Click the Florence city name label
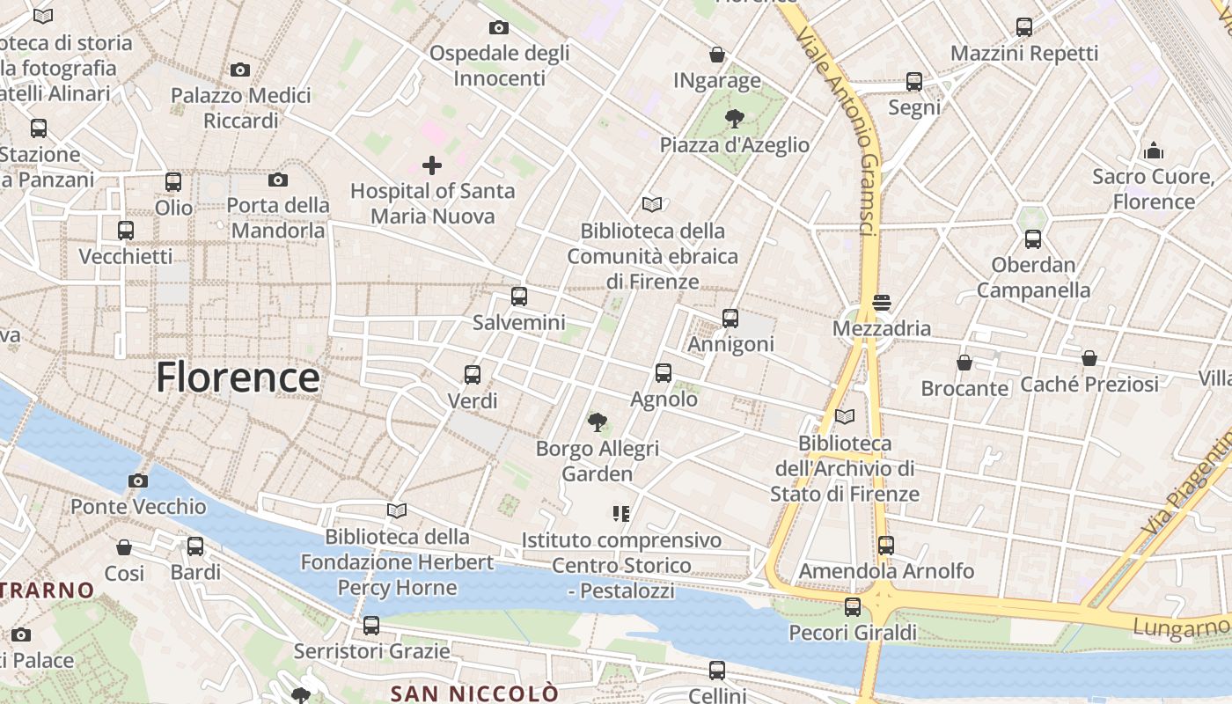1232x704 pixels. coord(238,378)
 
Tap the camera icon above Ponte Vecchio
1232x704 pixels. coord(138,480)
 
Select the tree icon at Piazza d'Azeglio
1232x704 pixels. coord(734,118)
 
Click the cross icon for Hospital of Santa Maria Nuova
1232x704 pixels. coord(432,165)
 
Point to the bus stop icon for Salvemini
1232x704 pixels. coord(519,297)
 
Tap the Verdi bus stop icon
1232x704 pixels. coord(473,375)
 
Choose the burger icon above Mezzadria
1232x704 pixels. coord(882,303)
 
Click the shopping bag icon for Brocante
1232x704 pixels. coord(964,363)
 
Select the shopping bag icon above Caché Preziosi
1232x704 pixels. coord(1089,358)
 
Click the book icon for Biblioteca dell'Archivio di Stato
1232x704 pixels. coord(845,416)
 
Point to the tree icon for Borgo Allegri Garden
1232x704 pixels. coord(598,422)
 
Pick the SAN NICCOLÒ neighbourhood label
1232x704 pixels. coord(474,693)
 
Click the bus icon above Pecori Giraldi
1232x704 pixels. coord(853,606)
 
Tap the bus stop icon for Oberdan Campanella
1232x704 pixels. coord(1033,238)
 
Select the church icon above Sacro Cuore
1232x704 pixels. coord(1154,150)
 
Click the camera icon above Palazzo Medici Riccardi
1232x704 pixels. coord(240,70)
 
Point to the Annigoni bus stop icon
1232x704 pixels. coord(730,319)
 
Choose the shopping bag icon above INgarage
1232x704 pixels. coord(717,55)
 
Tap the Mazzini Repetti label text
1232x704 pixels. coord(1024,54)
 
